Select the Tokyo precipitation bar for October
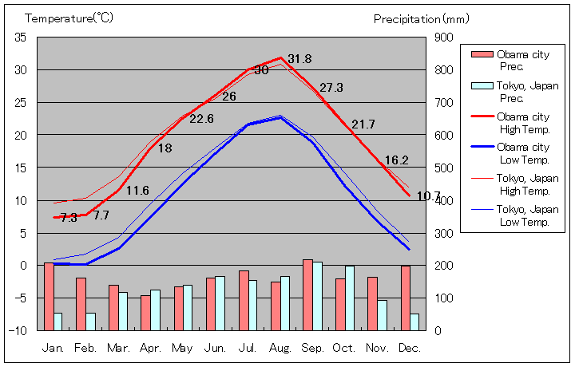[x=350, y=298]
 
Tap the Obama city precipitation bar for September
[x=307, y=294]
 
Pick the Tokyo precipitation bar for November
[x=383, y=315]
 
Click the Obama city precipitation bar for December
[x=405, y=298]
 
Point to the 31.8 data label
[x=300, y=59]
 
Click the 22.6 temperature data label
[x=200, y=119]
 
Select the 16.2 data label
[x=396, y=160]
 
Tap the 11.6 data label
[x=137, y=190]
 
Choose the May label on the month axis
[x=182, y=348]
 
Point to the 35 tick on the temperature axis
[x=21, y=37]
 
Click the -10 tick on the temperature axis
[x=19, y=330]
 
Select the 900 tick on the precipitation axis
[x=444, y=37]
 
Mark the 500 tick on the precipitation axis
[x=444, y=168]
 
